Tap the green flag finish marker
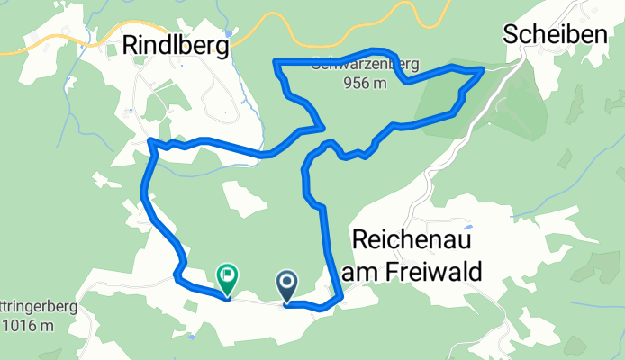click(227, 279)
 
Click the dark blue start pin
click(287, 286)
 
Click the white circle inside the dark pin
click(287, 282)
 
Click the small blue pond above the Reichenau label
click(469, 225)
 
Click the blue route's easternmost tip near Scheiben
click(484, 69)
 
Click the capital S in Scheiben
click(512, 34)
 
